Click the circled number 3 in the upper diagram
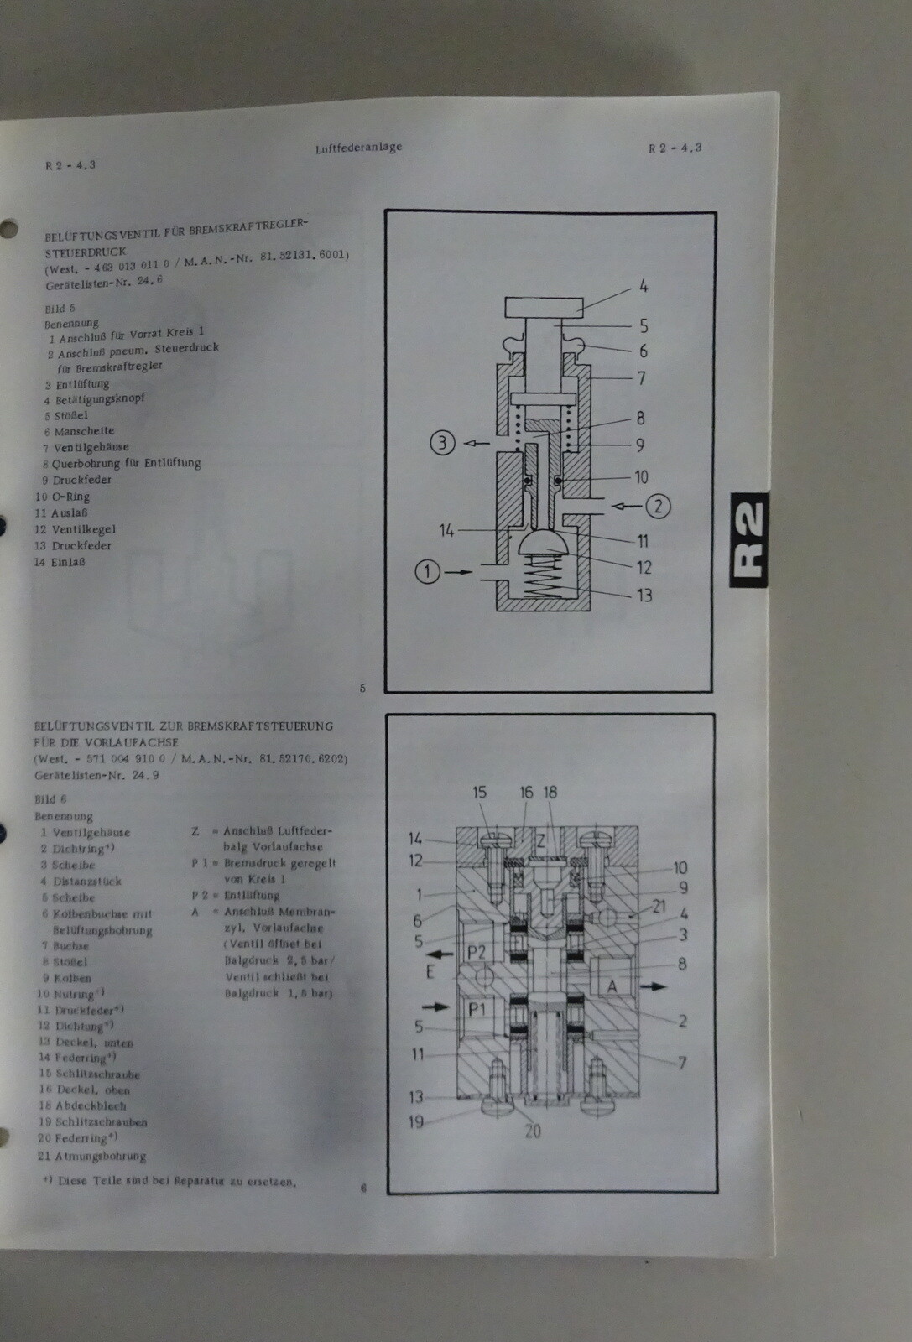[442, 442]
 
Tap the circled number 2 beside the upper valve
[659, 506]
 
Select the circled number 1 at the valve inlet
[427, 572]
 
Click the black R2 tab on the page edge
[748, 539]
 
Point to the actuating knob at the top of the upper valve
[544, 308]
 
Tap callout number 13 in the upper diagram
[644, 595]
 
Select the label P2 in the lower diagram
[476, 952]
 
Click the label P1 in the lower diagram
[477, 1009]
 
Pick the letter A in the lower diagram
[612, 986]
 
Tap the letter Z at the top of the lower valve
[541, 841]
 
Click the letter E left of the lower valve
[430, 972]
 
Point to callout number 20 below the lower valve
[533, 1131]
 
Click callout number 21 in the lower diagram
[659, 907]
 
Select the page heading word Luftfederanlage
[358, 148]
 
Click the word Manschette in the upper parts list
[84, 431]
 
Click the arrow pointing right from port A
[654, 986]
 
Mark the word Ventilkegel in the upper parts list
[84, 529]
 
